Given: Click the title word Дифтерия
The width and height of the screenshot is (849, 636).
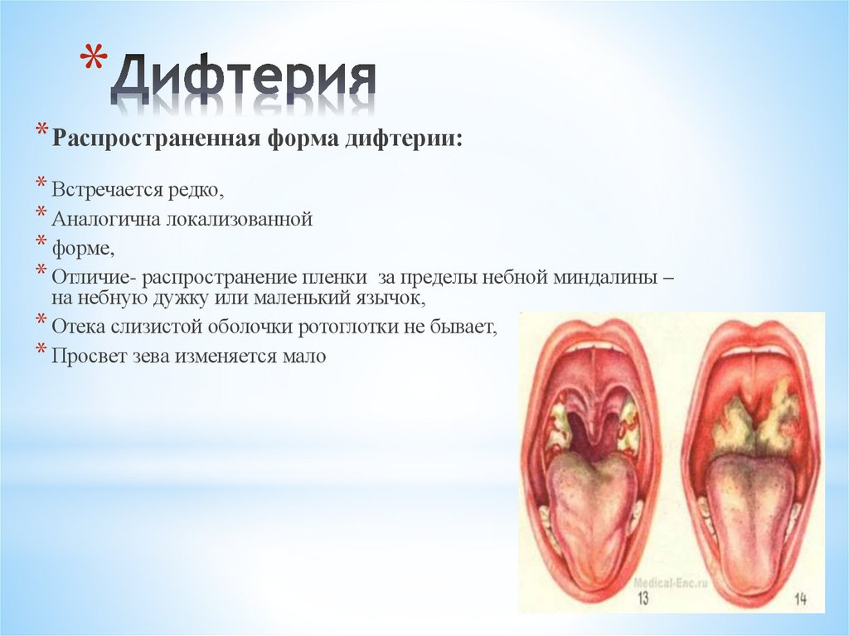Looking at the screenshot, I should point(244,81).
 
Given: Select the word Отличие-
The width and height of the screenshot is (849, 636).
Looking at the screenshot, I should point(89,274).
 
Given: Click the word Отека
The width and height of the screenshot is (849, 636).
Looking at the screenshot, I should point(77,327).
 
